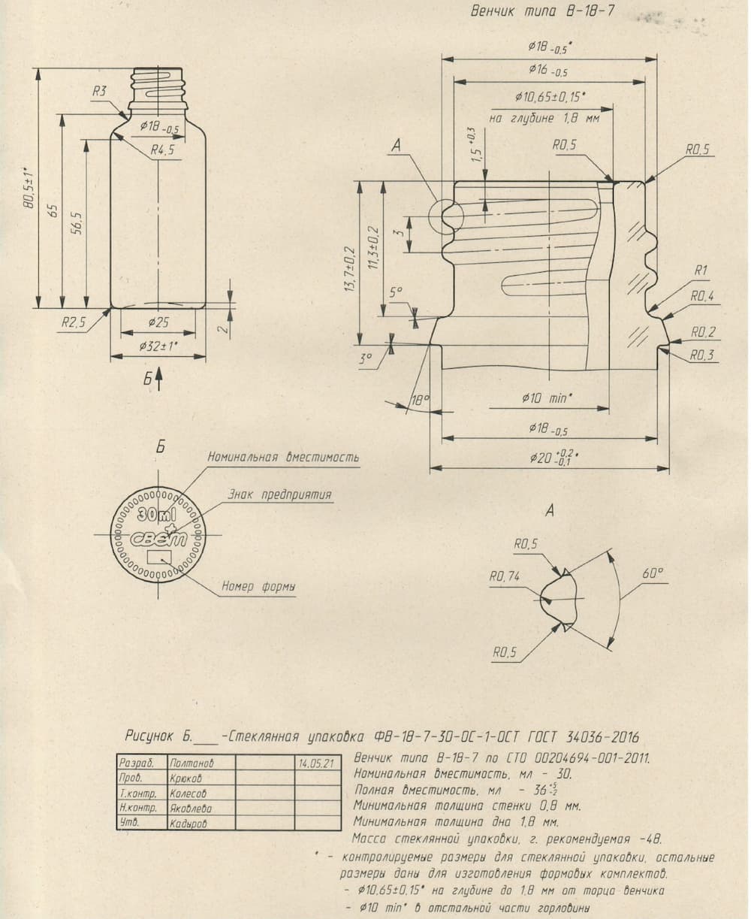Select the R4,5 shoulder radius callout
162,150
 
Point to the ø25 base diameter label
158,322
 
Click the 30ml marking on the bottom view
156,515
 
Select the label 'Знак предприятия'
279,495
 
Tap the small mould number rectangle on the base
158,557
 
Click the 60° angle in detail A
653,574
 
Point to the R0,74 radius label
505,577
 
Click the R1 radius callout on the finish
701,270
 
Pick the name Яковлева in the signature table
191,809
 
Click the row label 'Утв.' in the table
127,823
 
